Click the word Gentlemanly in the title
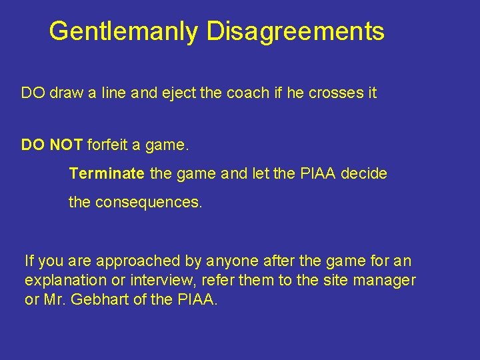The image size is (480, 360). click(124, 31)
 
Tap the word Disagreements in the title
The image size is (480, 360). click(295, 31)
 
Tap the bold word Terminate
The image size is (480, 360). click(107, 174)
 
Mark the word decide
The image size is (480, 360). click(363, 174)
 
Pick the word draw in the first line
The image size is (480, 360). click(63, 93)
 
